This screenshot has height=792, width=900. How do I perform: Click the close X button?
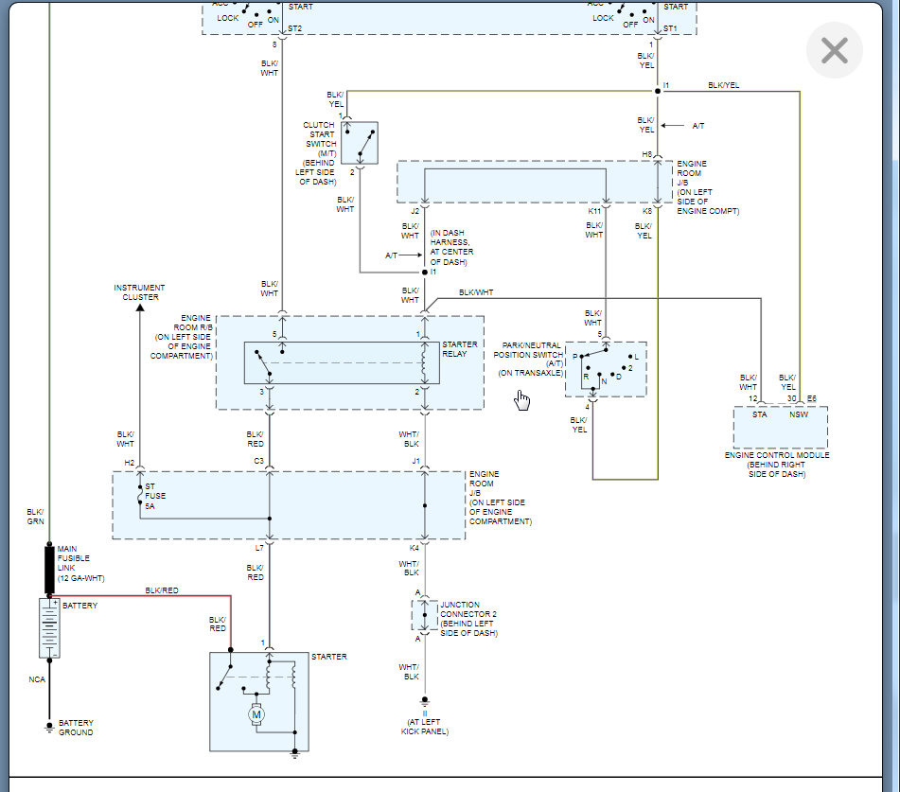pos(834,50)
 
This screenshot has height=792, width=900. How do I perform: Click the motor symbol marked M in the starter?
pos(256,715)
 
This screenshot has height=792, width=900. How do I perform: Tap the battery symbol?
pos(49,627)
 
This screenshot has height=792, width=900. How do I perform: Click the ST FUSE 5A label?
pos(155,495)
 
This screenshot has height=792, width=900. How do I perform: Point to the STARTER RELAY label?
pos(460,349)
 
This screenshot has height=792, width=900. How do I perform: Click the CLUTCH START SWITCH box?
pos(359,143)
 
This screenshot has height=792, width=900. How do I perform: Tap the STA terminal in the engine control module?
pos(759,414)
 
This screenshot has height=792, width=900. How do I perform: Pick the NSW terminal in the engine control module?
pos(799,414)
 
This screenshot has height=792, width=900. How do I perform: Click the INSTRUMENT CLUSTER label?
pos(139,292)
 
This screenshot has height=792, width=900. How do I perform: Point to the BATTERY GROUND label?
pos(76,727)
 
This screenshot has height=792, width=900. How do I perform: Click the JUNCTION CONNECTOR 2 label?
pos(468,614)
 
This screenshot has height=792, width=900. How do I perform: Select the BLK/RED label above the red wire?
pos(162,590)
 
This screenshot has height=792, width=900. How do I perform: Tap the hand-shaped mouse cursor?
pos(522,401)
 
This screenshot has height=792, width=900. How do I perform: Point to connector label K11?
pos(594,211)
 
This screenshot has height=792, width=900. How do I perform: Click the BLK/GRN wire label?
pos(35,516)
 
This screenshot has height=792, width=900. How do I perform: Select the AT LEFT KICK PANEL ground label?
pos(425,726)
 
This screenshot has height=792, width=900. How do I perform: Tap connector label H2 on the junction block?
pos(130,463)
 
